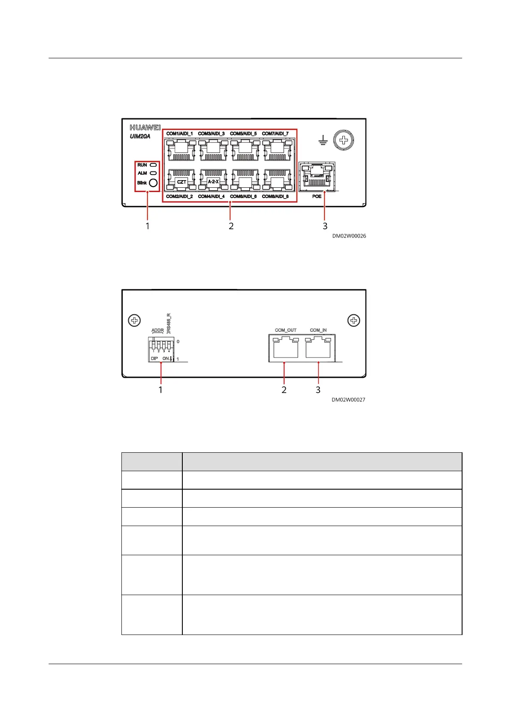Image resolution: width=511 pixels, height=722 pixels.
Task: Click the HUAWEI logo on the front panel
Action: click(x=145, y=128)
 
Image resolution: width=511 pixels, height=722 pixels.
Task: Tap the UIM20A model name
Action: click(x=140, y=136)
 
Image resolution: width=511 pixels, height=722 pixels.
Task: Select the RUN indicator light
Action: click(x=153, y=165)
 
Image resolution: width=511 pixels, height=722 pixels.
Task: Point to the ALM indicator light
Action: click(x=153, y=173)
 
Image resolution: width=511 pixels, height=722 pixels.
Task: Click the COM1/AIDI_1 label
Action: click(x=179, y=134)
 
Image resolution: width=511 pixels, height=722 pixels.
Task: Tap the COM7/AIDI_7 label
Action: click(x=275, y=134)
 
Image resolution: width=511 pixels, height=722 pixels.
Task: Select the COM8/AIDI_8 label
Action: click(x=275, y=196)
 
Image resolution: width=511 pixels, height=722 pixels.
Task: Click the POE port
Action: click(x=317, y=176)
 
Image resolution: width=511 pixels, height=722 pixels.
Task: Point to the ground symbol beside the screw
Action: click(x=324, y=140)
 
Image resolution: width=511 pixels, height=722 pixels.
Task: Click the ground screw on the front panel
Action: click(x=343, y=140)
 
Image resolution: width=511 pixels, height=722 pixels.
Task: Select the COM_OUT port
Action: click(x=286, y=347)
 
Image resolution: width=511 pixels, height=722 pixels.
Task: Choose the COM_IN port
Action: click(x=318, y=347)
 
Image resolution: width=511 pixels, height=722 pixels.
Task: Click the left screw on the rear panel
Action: click(x=134, y=320)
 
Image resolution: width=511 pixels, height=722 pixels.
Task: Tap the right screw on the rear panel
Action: click(x=354, y=320)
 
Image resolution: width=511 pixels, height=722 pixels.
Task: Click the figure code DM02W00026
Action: click(x=349, y=236)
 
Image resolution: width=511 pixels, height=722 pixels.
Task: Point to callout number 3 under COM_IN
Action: click(x=318, y=390)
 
